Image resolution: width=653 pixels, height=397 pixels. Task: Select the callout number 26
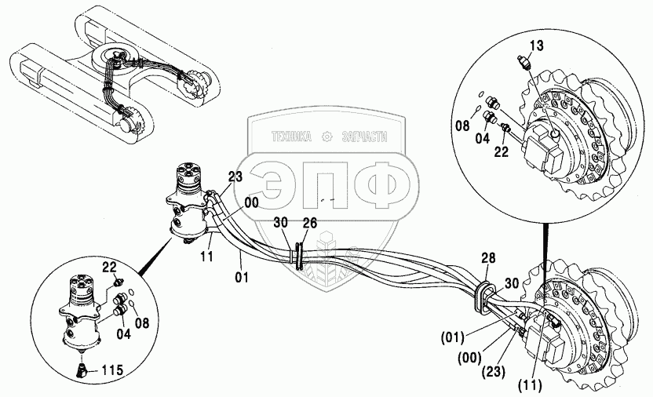point(310,224)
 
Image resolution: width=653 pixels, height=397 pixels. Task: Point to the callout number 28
point(488,257)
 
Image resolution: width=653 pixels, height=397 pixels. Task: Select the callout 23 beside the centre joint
point(235,177)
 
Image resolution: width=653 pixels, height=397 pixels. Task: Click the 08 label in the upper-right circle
point(463,124)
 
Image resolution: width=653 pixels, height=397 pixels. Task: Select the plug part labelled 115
point(82,369)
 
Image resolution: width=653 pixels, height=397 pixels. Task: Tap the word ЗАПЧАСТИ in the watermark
point(366,136)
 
